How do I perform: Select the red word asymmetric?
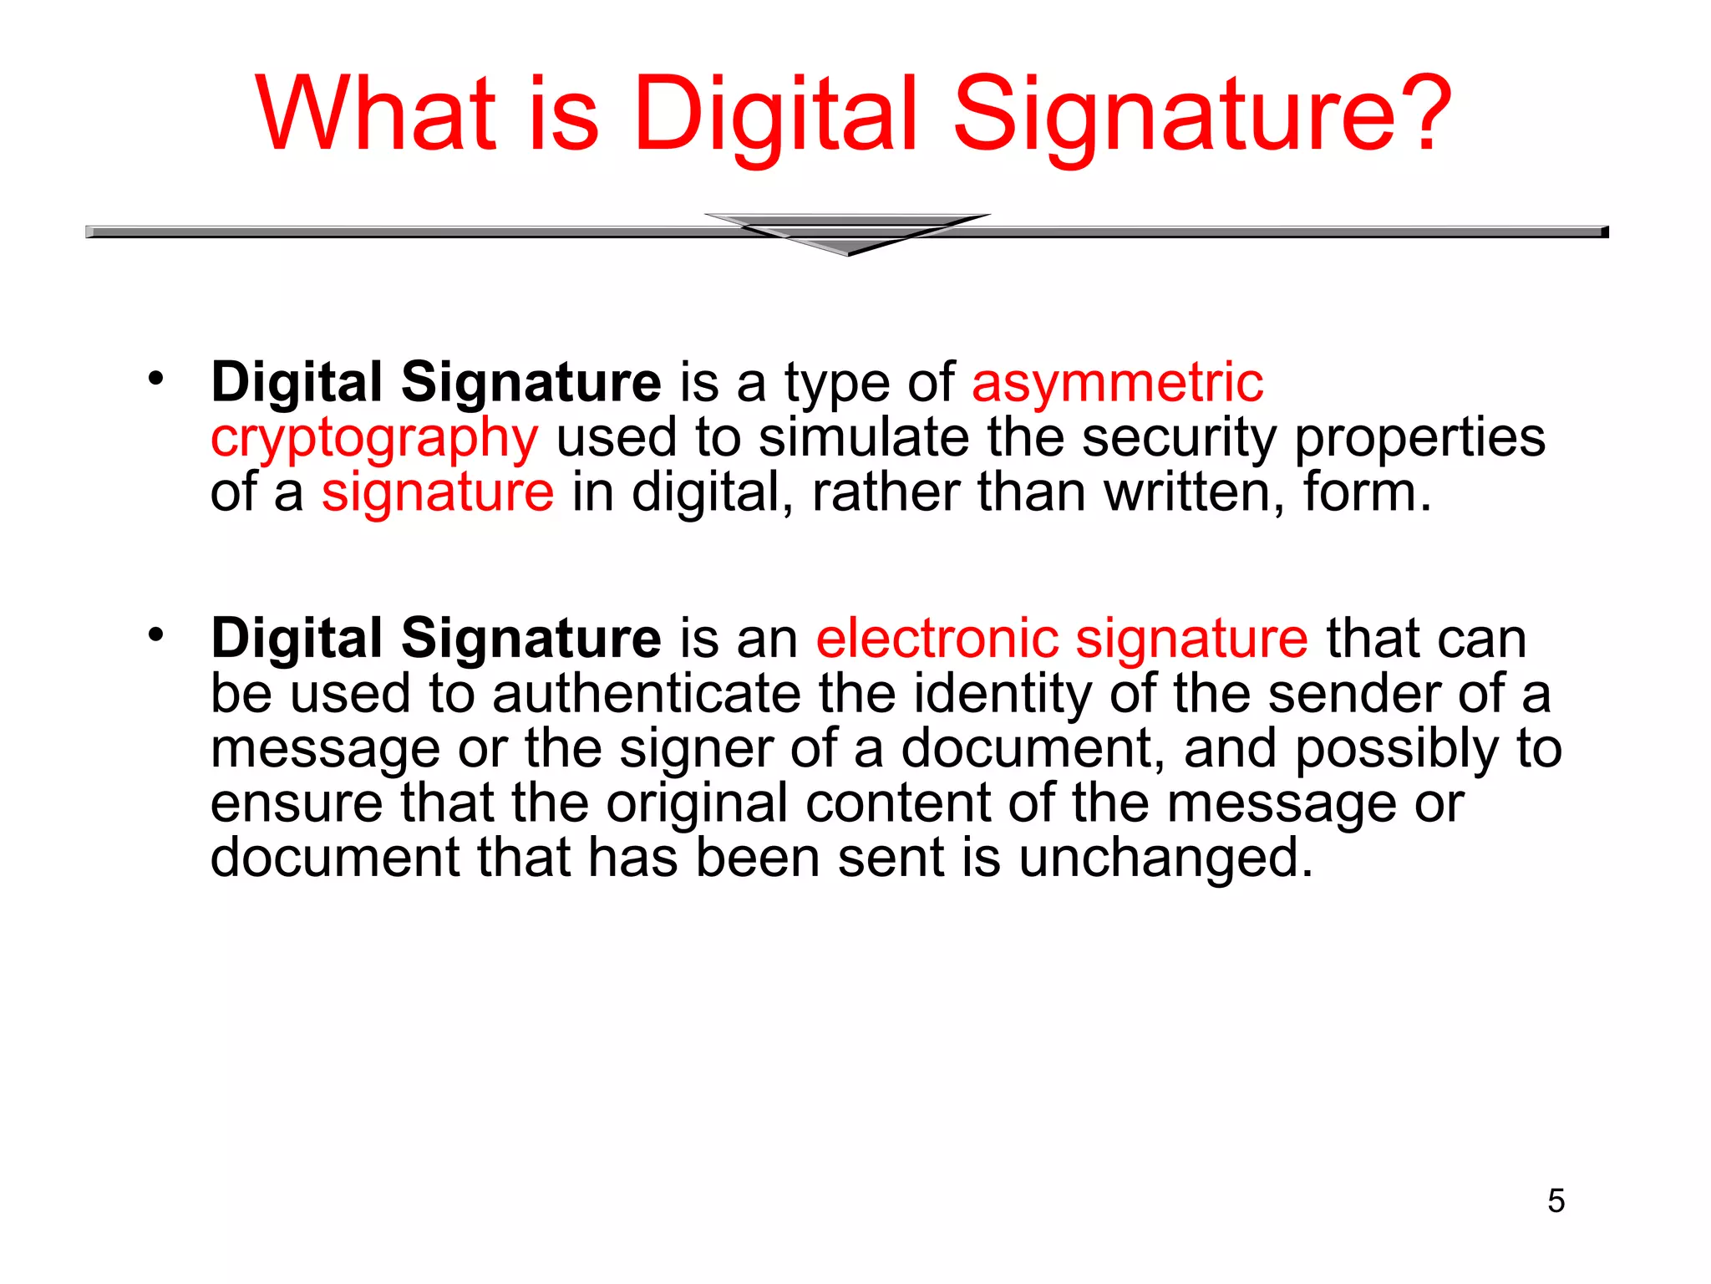click(1117, 384)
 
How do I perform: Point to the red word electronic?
click(937, 639)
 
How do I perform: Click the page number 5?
click(1556, 1201)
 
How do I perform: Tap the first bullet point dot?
click(155, 380)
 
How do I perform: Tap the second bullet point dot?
click(155, 635)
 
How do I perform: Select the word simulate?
click(863, 437)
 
